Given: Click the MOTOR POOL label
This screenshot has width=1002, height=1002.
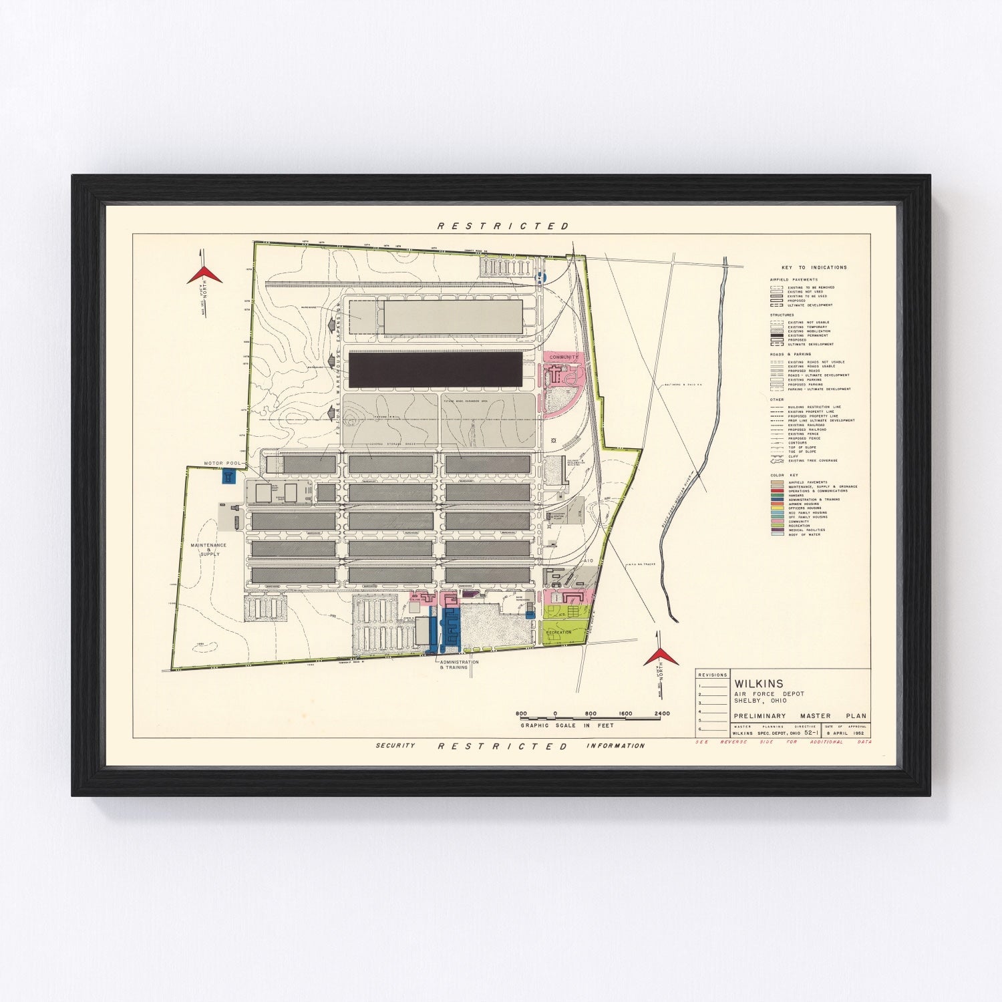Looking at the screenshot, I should click(x=222, y=463).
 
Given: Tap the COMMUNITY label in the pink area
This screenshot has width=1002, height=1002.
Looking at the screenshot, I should click(x=564, y=357).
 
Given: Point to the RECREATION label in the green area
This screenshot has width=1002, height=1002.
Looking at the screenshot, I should click(x=558, y=632).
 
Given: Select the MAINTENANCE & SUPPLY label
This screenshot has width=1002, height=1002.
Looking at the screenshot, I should click(x=209, y=549).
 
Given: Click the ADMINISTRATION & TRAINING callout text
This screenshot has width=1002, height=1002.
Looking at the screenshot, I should click(x=458, y=665).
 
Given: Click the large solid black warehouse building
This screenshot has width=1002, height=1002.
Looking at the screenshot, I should click(x=436, y=369).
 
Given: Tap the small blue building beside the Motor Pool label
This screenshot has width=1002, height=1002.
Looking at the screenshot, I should click(x=228, y=477).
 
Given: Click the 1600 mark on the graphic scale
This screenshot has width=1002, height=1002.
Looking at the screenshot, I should click(x=625, y=713).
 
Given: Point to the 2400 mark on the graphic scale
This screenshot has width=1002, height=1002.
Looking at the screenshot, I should click(x=662, y=713).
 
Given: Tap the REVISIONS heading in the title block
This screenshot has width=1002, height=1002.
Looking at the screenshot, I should click(x=712, y=675).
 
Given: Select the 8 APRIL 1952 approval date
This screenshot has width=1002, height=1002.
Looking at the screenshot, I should click(x=846, y=733).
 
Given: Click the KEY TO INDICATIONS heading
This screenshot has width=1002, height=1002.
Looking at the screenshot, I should click(x=814, y=267).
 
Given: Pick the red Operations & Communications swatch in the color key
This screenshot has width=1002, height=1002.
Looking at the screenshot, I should click(x=777, y=491).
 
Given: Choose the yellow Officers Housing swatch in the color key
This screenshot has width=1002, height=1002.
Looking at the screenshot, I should click(x=777, y=508).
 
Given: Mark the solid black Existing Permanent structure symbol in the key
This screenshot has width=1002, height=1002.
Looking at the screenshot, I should click(x=777, y=336).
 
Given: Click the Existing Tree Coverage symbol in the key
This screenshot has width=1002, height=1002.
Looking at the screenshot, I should click(x=777, y=461).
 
